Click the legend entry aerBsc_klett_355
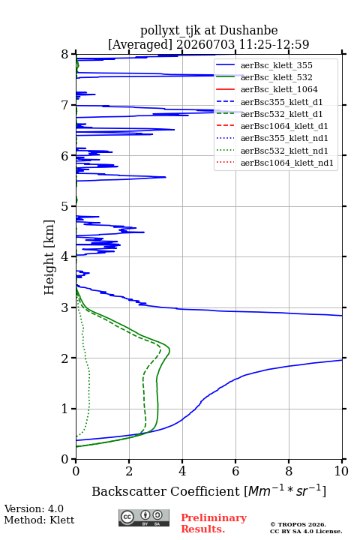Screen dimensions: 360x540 pyautogui.click(x=276, y=65)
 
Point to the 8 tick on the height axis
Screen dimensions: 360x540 pyautogui.click(x=73, y=54)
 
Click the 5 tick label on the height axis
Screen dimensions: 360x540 pyautogui.click(x=64, y=207)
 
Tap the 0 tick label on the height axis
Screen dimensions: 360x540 pyautogui.click(x=64, y=460)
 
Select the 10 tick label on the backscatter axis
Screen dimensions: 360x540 pyautogui.click(x=341, y=471)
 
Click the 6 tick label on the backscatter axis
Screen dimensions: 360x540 pyautogui.click(x=235, y=471)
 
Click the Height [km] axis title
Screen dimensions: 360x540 pyautogui.click(x=49, y=257)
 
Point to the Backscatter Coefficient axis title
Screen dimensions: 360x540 pyautogui.click(x=208, y=491)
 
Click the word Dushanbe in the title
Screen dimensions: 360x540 pyautogui.click(x=248, y=31)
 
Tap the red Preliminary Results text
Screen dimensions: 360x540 pyautogui.click(x=214, y=523)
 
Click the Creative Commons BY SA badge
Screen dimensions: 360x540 pyautogui.click(x=144, y=518)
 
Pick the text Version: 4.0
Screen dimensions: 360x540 pyautogui.click(x=34, y=508)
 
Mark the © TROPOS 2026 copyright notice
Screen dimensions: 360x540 pyautogui.click(x=298, y=524)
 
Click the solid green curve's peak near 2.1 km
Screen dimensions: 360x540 pyautogui.click(x=169, y=350)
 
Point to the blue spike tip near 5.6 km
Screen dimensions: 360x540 pyautogui.click(x=166, y=177)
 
